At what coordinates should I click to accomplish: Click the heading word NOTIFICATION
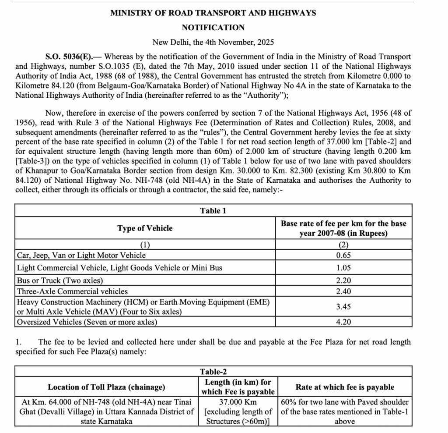click(x=213, y=28)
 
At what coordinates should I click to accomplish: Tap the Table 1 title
click(x=213, y=211)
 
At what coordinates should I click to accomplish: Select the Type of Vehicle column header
click(x=145, y=228)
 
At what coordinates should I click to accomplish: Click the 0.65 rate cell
click(x=343, y=255)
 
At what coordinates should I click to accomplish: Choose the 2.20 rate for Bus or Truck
click(x=343, y=280)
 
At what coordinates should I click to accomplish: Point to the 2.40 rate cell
click(x=343, y=291)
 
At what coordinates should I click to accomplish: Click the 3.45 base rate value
click(x=343, y=307)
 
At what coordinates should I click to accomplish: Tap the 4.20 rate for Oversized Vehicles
click(x=343, y=322)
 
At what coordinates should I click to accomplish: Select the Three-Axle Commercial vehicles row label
click(x=72, y=291)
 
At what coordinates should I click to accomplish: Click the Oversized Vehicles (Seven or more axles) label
click(x=87, y=322)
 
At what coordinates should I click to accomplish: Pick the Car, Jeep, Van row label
click(x=81, y=255)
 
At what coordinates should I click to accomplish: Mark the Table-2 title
click(x=213, y=372)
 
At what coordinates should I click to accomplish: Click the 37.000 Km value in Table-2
click(x=238, y=402)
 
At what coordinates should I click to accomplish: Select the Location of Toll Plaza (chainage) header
click(x=106, y=387)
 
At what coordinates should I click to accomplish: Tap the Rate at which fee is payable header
click(x=345, y=387)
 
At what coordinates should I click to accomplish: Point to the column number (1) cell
click(x=145, y=245)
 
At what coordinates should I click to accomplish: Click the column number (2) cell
click(x=343, y=245)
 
